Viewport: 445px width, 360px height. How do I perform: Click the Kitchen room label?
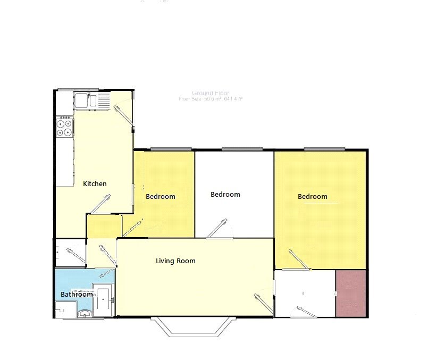(x=95, y=184)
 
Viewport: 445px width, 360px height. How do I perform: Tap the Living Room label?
(x=175, y=261)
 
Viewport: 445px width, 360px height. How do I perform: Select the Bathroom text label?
(x=77, y=295)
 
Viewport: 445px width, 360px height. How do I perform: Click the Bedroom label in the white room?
(x=225, y=195)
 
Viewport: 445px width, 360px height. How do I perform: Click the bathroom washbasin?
(x=84, y=313)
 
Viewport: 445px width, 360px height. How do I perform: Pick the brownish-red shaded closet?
(x=351, y=294)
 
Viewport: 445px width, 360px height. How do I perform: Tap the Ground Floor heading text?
(x=211, y=93)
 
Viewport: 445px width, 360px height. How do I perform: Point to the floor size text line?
(x=211, y=99)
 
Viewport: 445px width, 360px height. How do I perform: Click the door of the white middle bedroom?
(x=218, y=228)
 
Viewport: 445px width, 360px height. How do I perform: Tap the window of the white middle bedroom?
(x=242, y=149)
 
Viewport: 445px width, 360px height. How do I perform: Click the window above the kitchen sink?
(x=78, y=89)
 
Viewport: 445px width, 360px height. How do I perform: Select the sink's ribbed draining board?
(x=103, y=99)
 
